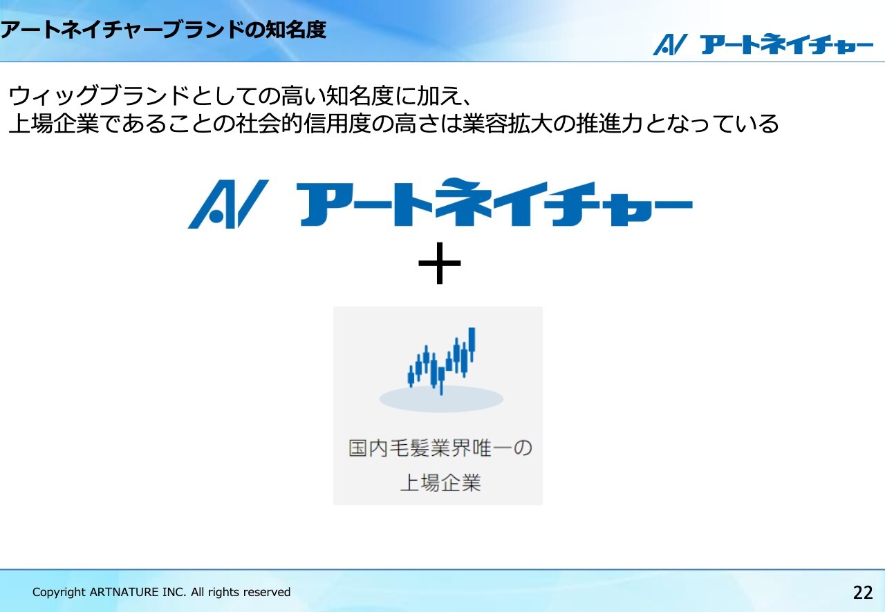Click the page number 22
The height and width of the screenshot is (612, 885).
[x=863, y=592]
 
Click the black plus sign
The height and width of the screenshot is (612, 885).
[x=439, y=263]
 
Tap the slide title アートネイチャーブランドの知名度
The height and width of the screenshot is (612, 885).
[x=163, y=30]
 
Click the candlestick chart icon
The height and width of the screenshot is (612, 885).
[x=441, y=361]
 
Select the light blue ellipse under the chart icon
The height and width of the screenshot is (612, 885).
[x=441, y=399]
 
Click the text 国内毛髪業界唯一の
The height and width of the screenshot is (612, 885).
[x=440, y=448]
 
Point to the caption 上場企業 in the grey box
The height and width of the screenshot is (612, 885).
[x=440, y=483]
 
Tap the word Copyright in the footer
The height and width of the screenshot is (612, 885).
[x=59, y=593]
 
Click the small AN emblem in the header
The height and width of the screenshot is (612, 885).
[x=670, y=45]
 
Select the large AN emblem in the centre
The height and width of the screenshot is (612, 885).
[x=228, y=204]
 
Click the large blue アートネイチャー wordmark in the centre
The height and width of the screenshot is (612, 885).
[x=494, y=202]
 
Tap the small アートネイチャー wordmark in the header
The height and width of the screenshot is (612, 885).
[x=786, y=44]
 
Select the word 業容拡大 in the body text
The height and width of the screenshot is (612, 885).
[x=507, y=124]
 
